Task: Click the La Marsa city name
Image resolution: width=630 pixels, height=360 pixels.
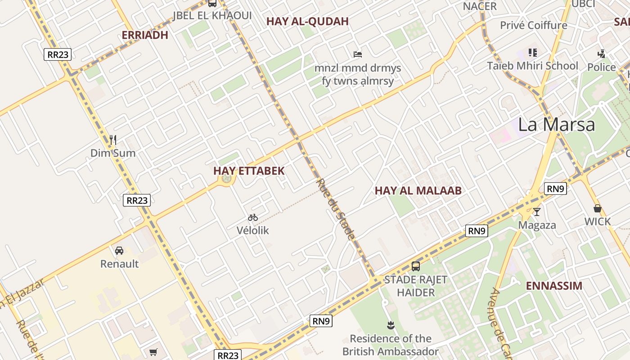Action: pos(556,125)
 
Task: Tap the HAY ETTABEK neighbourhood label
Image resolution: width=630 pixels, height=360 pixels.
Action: pos(249,171)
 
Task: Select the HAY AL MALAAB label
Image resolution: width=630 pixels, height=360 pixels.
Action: pos(418,191)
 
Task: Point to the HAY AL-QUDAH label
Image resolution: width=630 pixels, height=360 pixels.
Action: pos(307,22)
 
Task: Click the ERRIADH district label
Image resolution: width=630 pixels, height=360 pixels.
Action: pos(145,35)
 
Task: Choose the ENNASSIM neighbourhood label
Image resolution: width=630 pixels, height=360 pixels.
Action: pos(554,286)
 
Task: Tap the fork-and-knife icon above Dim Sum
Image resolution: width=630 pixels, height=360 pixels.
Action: pos(113,140)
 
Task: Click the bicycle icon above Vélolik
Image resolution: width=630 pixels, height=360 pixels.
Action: pos(253,218)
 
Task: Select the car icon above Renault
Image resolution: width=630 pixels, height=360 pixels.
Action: pos(119,251)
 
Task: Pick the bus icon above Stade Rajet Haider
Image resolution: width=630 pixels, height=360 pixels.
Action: pos(416,266)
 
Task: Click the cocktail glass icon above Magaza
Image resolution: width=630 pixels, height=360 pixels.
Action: pos(537,211)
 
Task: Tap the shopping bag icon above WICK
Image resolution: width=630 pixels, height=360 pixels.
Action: pos(598,208)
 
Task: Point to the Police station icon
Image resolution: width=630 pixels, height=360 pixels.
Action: pos(601,54)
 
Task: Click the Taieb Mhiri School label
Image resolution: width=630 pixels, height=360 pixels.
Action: pos(532,66)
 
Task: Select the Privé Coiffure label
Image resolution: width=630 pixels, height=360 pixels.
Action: pos(533,25)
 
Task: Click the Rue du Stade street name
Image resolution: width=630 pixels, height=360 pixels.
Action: pos(336,209)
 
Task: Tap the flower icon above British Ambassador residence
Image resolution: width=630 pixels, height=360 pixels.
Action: pos(390,325)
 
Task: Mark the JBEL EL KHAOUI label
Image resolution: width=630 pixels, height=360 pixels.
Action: pos(212,16)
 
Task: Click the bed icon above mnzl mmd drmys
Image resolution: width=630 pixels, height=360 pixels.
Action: pos(358,54)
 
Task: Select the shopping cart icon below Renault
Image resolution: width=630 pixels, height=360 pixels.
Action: pos(153,352)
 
